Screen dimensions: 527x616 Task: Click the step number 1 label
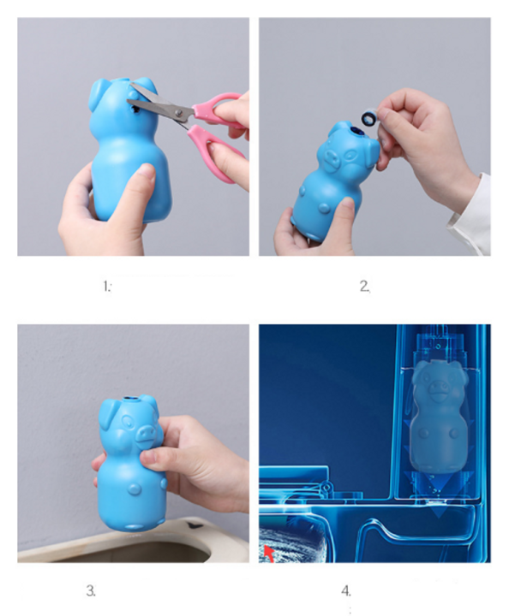pos(107,287)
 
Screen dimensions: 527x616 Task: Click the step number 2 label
pos(365,286)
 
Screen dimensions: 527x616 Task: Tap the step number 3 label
pos(91,590)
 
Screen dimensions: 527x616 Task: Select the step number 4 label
pos(346,590)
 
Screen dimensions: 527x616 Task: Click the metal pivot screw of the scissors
pos(179,113)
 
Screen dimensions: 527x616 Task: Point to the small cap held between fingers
pos(369,117)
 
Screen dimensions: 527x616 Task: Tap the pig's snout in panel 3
pos(145,432)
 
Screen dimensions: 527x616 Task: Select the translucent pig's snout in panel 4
pos(437,388)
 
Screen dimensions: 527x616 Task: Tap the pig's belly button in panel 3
pos(134,489)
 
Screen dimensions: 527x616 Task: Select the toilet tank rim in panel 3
pos(133,544)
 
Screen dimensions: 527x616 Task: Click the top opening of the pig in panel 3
pos(131,399)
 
